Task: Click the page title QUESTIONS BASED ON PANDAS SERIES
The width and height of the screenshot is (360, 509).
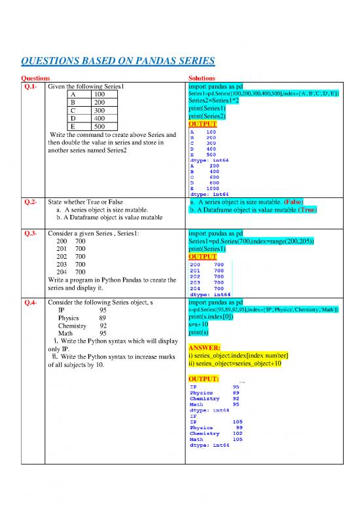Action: [x=118, y=62]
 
